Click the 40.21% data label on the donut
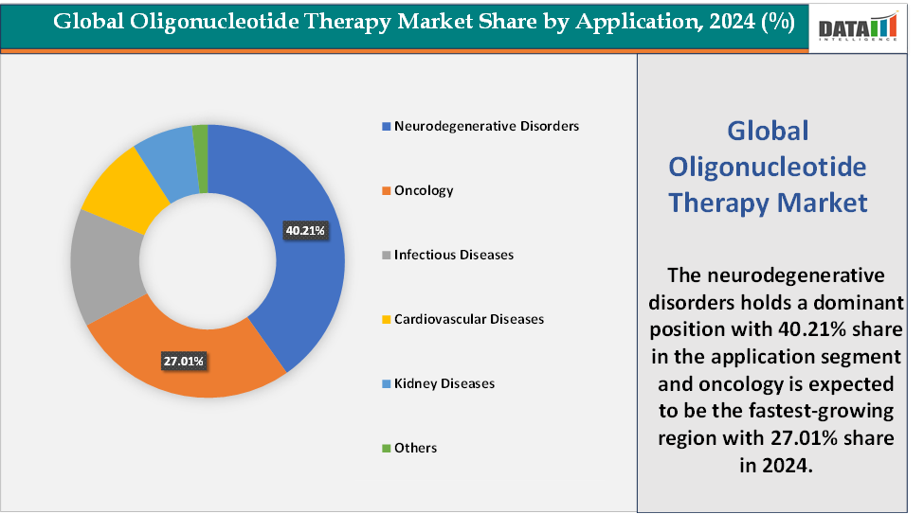pyautogui.click(x=305, y=230)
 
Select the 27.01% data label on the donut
pyautogui.click(x=182, y=361)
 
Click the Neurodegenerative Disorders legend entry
pyautogui.click(x=485, y=126)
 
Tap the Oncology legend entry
pyautogui.click(x=424, y=190)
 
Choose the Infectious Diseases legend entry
pyautogui.click(x=453, y=255)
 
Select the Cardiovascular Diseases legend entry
pyautogui.click(x=468, y=319)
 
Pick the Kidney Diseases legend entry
pyautogui.click(x=444, y=383)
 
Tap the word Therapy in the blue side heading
pyautogui.click(x=720, y=203)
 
